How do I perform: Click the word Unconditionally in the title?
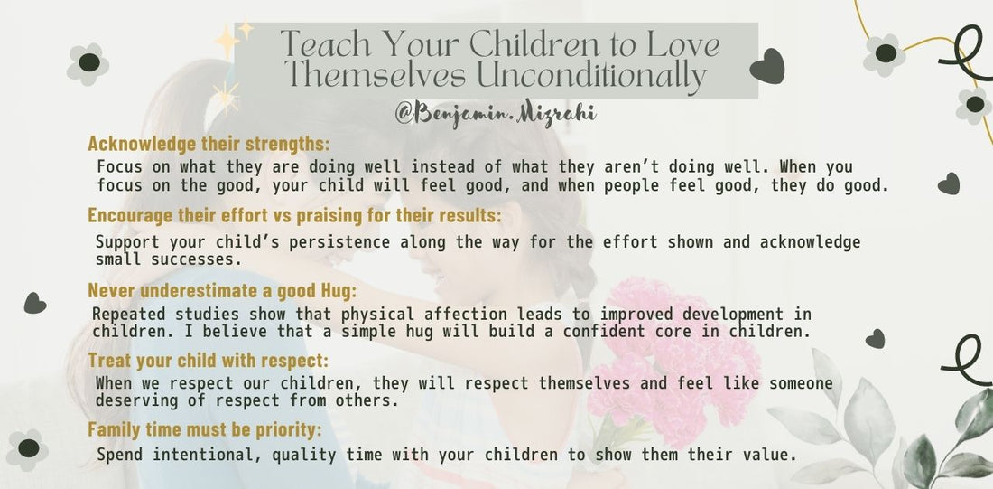point(590,76)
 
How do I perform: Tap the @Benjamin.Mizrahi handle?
point(495,114)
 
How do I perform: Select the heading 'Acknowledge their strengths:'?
point(209,144)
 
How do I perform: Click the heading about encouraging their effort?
point(294,216)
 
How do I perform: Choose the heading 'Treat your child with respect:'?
point(209,361)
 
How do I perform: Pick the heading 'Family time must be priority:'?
point(205,429)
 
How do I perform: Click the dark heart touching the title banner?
point(767,66)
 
